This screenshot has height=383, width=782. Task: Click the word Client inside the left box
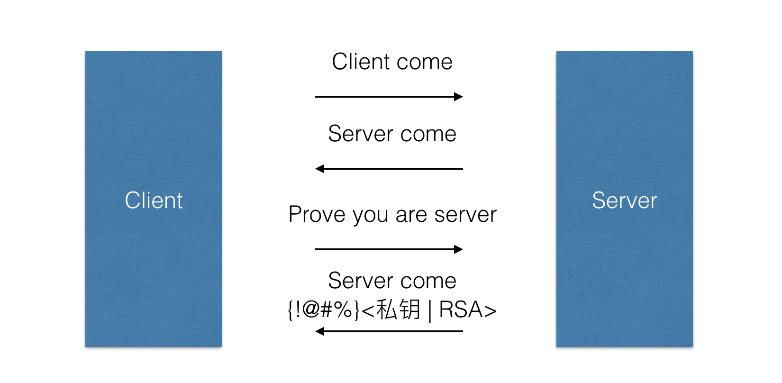154,201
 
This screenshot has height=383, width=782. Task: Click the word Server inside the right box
624,201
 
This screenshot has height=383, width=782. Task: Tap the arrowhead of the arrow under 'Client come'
458,97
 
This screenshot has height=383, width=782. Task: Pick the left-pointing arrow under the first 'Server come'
389,169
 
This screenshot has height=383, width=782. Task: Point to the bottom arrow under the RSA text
389,331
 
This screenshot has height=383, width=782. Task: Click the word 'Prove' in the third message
317,215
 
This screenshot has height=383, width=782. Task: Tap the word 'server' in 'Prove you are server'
465,215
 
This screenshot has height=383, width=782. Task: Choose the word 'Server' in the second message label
360,134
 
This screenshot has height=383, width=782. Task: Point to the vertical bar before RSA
430,311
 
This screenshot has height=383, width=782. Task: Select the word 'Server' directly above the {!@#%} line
360,281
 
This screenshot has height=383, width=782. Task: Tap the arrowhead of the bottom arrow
320,331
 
